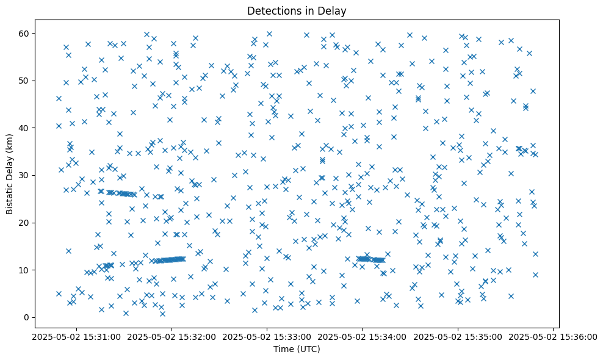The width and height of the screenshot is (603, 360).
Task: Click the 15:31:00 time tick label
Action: [76, 336]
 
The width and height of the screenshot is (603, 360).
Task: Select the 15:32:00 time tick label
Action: [172, 336]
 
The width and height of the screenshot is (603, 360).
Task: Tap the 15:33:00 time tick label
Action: [267, 336]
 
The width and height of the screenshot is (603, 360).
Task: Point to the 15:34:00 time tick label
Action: [363, 336]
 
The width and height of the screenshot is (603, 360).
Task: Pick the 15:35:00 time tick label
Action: [458, 336]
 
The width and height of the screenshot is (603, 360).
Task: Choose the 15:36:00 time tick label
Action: [553, 336]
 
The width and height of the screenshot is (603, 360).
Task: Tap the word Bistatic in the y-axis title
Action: [10, 195]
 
